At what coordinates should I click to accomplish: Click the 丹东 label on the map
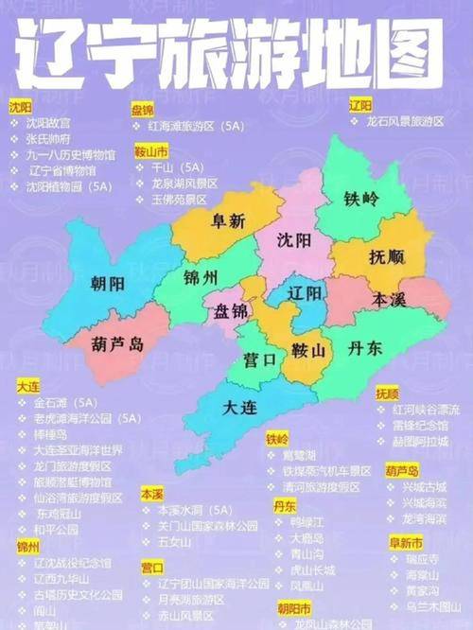pyautogui.click(x=363, y=348)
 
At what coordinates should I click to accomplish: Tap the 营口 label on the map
pyautogui.click(x=259, y=360)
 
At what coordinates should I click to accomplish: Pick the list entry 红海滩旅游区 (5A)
pyautogui.click(x=189, y=124)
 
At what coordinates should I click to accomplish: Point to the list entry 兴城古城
pyautogui.click(x=423, y=486)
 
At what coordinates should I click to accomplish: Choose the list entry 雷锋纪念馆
pyautogui.click(x=425, y=426)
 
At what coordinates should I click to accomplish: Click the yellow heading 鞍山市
pyautogui.click(x=150, y=149)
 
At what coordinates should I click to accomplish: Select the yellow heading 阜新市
pyautogui.click(x=405, y=542)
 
